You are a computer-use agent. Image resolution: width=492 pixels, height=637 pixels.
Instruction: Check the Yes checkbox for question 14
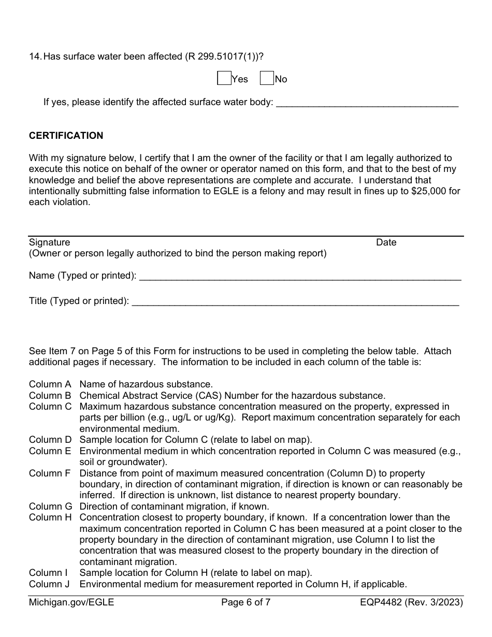(x=224, y=78)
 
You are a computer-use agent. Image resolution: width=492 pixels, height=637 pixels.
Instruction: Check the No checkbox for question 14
(x=266, y=78)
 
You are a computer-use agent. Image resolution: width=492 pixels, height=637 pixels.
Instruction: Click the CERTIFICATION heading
(x=66, y=136)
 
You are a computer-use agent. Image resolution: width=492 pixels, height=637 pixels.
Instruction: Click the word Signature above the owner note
(x=49, y=242)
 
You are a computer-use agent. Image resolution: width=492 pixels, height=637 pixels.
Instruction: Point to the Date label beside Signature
(x=386, y=242)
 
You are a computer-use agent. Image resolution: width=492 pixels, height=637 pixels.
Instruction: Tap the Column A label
(x=50, y=384)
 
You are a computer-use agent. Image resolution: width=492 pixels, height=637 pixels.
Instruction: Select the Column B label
(x=50, y=396)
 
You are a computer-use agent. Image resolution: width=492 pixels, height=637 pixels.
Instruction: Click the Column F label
(x=50, y=473)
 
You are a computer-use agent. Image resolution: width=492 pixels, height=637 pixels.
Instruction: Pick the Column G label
(x=50, y=506)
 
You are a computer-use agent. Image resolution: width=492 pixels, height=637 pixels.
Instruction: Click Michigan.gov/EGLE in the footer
(x=71, y=602)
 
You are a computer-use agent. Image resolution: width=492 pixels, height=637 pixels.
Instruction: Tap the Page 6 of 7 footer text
(x=245, y=602)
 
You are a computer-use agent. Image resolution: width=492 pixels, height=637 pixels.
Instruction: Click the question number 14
(x=35, y=56)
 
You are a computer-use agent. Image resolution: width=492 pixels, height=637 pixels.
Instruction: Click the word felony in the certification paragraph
(x=284, y=191)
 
